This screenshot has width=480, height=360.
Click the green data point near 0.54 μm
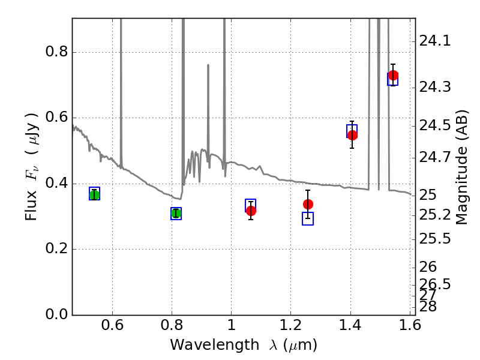(94, 194)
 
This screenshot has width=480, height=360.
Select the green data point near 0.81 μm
(176, 213)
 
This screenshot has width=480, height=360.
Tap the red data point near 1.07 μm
(251, 211)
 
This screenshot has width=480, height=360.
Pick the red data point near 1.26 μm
(308, 204)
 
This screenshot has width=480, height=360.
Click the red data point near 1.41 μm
(352, 135)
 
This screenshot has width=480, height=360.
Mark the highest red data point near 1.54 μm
(393, 75)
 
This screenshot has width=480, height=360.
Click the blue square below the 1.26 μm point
(308, 218)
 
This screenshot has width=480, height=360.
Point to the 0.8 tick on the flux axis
(73, 52)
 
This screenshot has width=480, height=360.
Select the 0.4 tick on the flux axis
(73, 184)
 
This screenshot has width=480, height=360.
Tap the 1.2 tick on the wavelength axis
(290, 315)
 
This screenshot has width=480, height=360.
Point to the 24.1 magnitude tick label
(435, 41)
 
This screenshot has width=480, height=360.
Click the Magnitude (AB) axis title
(461, 167)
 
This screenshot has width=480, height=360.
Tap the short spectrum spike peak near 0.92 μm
(208, 65)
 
